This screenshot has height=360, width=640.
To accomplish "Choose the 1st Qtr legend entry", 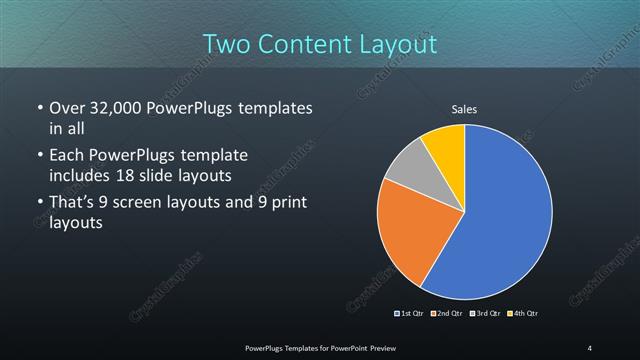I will pos(409,314).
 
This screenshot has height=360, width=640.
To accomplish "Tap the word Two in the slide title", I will pos(229,44).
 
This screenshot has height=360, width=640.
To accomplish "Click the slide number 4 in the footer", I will pos(589,347).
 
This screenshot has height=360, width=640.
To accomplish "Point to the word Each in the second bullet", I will pos(67,156).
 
